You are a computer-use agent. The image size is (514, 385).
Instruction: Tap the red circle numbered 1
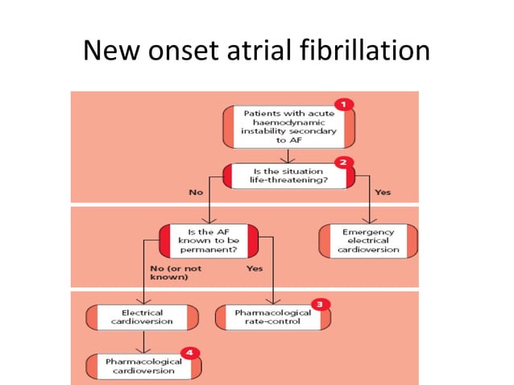pyautogui.click(x=344, y=104)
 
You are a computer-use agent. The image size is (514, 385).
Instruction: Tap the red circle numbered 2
pyautogui.click(x=343, y=161)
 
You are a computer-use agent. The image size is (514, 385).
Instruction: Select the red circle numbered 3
pyautogui.click(x=321, y=304)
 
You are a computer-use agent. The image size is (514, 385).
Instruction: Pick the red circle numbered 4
pyautogui.click(x=190, y=352)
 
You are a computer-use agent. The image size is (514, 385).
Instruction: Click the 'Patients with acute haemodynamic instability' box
pyautogui.click(x=288, y=126)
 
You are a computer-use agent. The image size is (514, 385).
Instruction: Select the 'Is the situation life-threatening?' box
pyautogui.click(x=288, y=176)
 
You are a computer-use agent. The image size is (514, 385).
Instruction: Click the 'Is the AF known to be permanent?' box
pyautogui.click(x=209, y=239)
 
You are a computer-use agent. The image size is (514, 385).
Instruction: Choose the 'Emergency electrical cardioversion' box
pyautogui.click(x=369, y=240)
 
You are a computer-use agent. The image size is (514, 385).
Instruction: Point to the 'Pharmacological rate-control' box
pyautogui.click(x=272, y=317)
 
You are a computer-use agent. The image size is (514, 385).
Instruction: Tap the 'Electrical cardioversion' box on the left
pyautogui.click(x=142, y=317)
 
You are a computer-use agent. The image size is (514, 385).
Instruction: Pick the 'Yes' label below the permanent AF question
pyautogui.click(x=254, y=267)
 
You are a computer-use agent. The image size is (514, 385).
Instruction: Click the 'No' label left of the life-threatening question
pyautogui.click(x=195, y=192)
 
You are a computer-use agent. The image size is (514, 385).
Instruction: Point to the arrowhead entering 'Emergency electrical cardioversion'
pyautogui.click(x=369, y=221)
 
